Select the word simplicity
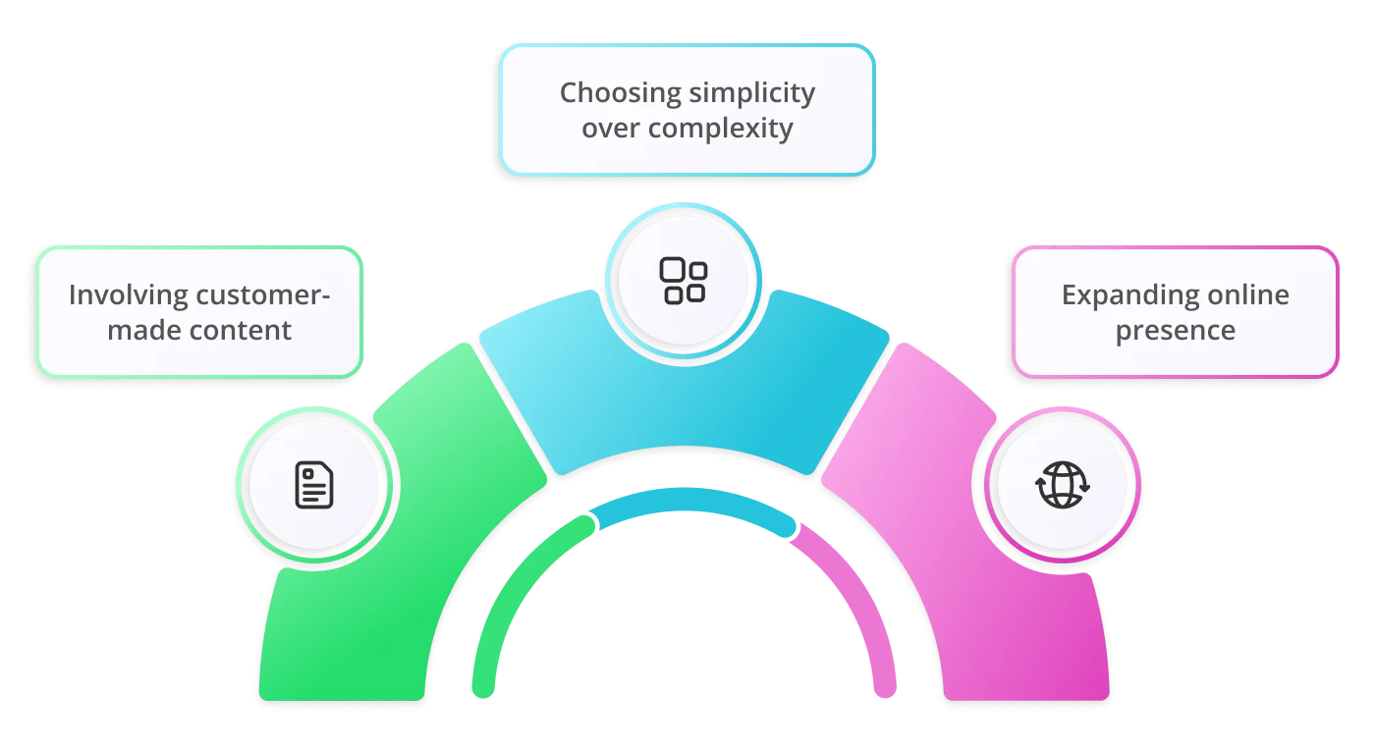[x=752, y=93]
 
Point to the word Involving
[x=129, y=294]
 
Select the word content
[x=241, y=330]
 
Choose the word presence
[x=1176, y=330]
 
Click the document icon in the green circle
[x=314, y=486]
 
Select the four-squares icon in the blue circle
[x=683, y=280]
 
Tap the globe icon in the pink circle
[x=1064, y=486]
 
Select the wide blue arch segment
[x=687, y=393]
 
